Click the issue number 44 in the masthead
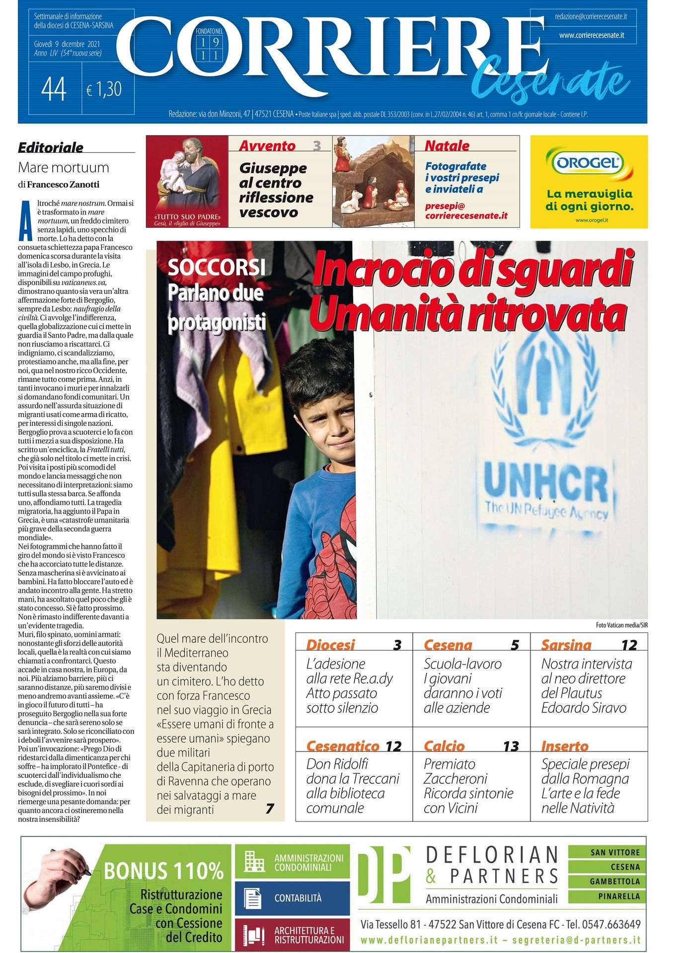pyautogui.click(x=54, y=90)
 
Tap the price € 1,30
pyautogui.click(x=104, y=89)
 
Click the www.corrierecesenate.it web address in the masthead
pyautogui.click(x=591, y=36)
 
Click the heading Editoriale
pyautogui.click(x=51, y=147)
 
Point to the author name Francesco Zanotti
pyautogui.click(x=63, y=185)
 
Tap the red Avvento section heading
pyautogui.click(x=267, y=146)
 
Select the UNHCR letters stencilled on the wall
pyautogui.click(x=545, y=482)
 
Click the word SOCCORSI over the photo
pyautogui.click(x=217, y=268)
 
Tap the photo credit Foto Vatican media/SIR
pyautogui.click(x=621, y=625)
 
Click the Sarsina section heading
pyautogui.click(x=566, y=645)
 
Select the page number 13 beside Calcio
pyautogui.click(x=511, y=747)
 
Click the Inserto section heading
pyautogui.click(x=565, y=747)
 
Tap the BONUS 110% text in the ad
pyautogui.click(x=163, y=872)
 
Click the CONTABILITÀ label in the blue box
pyautogui.click(x=298, y=898)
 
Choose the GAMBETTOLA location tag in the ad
pyautogui.click(x=615, y=882)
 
